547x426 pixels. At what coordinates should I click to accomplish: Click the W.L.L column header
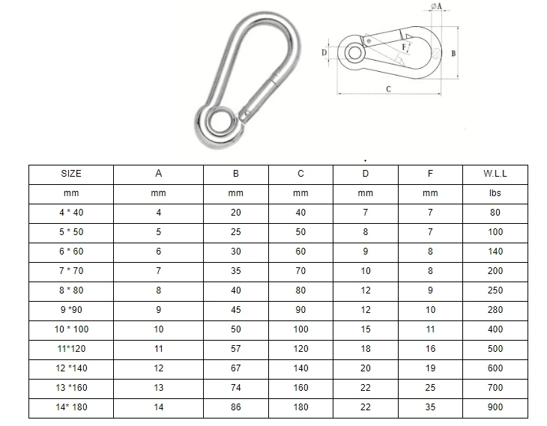click(x=495, y=174)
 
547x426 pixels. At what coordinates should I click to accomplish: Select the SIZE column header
click(x=71, y=174)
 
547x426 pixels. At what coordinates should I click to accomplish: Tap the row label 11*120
click(x=71, y=349)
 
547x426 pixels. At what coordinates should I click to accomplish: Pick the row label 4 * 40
click(x=71, y=213)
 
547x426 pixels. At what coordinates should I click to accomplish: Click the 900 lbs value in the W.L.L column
click(x=495, y=407)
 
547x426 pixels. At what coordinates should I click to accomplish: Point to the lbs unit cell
click(x=495, y=193)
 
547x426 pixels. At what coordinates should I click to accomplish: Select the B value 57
click(x=236, y=349)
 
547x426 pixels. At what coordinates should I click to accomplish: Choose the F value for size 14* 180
click(x=430, y=407)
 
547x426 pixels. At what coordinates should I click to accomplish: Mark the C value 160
click(x=300, y=388)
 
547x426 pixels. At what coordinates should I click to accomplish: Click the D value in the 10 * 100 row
click(x=365, y=329)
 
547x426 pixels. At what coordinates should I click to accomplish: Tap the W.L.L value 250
click(x=495, y=290)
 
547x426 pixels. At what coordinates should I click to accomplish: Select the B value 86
click(x=236, y=407)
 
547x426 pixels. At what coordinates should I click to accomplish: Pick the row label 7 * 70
click(x=71, y=271)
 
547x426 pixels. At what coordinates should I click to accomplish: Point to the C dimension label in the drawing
click(x=387, y=89)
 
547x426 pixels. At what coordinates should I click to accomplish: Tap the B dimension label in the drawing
click(x=454, y=54)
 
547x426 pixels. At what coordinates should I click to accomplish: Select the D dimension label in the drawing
click(x=324, y=53)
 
